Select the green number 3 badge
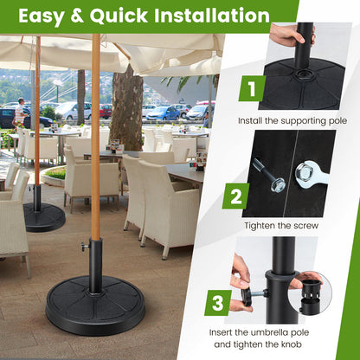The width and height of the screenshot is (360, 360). tap(218, 304)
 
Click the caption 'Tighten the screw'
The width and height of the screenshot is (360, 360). tap(282, 226)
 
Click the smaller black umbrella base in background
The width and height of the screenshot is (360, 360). tap(43, 217)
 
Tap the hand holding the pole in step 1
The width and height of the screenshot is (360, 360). tap(286, 35)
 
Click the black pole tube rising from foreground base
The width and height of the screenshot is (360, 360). tap(95, 263)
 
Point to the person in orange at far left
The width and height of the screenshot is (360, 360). tap(20, 112)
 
